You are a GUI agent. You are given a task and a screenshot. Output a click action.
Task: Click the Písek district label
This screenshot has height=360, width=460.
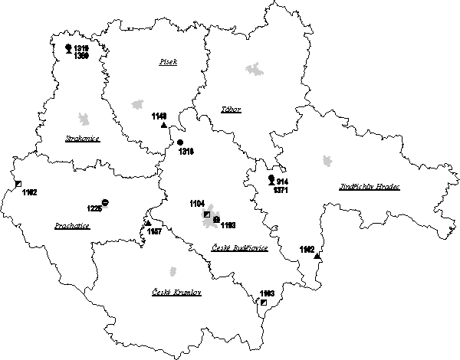tap(168, 61)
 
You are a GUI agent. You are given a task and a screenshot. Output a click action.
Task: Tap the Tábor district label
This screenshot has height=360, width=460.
tap(231, 110)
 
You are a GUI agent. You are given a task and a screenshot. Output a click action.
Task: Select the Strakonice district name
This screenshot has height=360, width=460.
tap(82, 139)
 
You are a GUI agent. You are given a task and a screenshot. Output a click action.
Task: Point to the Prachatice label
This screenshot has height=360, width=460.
tap(73, 226)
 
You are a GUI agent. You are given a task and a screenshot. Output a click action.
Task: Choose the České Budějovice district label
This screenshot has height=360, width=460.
tap(238, 248)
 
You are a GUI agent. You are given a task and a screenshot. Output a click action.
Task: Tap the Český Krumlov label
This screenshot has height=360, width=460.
tap(176, 292)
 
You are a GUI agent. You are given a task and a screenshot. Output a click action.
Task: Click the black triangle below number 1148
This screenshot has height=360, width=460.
tap(163, 124)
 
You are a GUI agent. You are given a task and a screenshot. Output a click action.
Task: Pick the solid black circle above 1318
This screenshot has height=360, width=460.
tap(180, 142)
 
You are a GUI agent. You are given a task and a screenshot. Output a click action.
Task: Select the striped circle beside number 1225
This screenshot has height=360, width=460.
tap(105, 202)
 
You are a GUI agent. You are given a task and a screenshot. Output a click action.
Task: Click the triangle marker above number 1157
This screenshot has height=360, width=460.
tap(147, 223)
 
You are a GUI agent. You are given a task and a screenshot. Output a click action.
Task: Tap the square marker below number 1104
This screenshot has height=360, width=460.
tap(206, 214)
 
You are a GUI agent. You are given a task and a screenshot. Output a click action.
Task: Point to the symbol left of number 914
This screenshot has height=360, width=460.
tap(270, 179)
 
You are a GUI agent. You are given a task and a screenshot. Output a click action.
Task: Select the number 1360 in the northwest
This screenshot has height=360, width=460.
tap(80, 57)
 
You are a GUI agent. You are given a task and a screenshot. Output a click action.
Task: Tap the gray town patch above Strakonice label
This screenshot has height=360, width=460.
tap(83, 118)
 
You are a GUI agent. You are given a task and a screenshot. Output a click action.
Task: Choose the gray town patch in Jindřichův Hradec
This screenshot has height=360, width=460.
tap(328, 161)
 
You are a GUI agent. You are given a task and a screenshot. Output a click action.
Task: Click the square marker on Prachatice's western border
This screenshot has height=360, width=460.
tap(18, 184)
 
